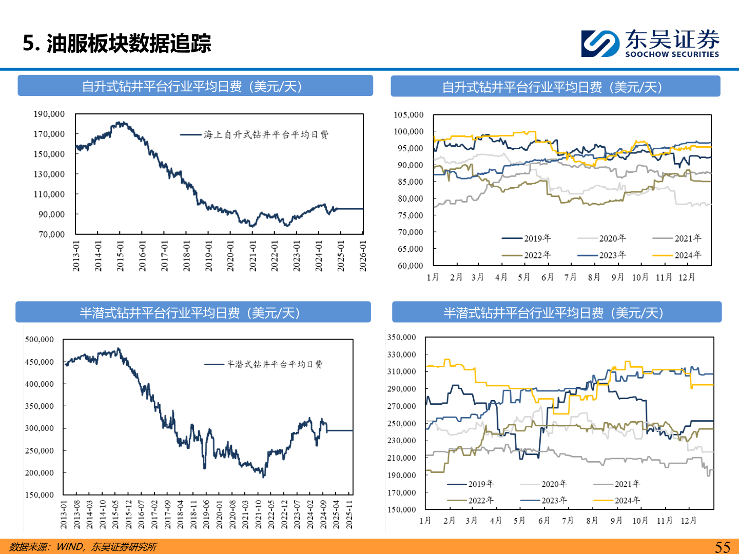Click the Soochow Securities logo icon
click(x=599, y=43)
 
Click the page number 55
click(x=722, y=547)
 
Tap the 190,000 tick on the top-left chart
click(x=49, y=114)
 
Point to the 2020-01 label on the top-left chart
click(x=230, y=256)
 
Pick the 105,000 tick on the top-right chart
click(x=409, y=115)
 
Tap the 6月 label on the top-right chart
click(x=548, y=277)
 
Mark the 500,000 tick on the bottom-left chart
click(x=40, y=340)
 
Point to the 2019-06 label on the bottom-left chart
click(x=206, y=515)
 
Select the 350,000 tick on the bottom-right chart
click(x=401, y=338)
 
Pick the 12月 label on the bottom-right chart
click(x=689, y=521)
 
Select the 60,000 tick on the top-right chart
click(x=411, y=266)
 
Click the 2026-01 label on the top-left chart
click(x=363, y=256)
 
